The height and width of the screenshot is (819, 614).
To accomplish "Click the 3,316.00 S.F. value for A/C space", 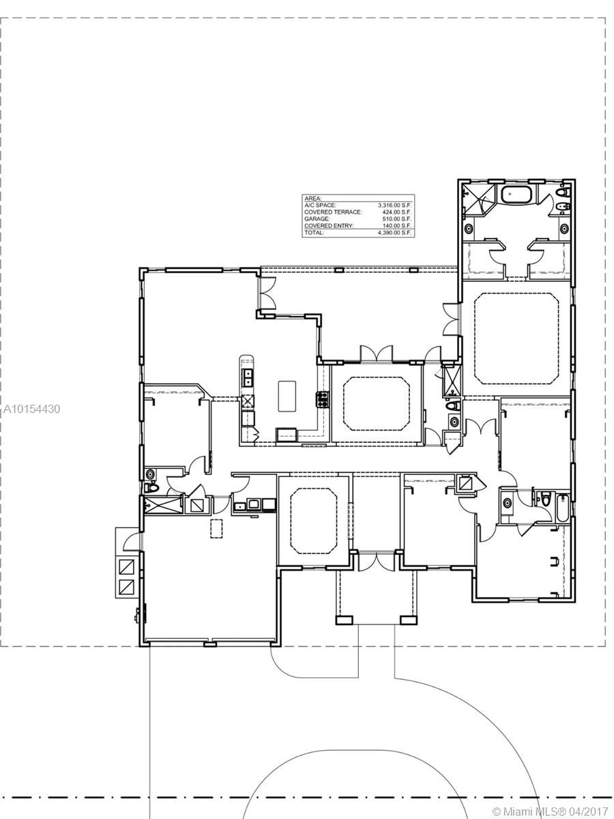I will (396, 205).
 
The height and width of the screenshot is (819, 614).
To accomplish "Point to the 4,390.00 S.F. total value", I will (396, 233).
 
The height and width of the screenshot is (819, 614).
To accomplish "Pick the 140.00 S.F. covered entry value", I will (398, 226).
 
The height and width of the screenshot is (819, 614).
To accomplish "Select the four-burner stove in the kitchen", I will (321, 399).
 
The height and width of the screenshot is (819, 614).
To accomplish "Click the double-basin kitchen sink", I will (248, 377).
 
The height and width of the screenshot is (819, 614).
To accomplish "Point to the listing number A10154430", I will (31, 409).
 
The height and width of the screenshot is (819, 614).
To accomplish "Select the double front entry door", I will (376, 561).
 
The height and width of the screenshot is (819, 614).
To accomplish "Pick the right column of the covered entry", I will (408, 620).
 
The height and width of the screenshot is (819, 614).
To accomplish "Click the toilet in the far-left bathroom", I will (153, 489).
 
